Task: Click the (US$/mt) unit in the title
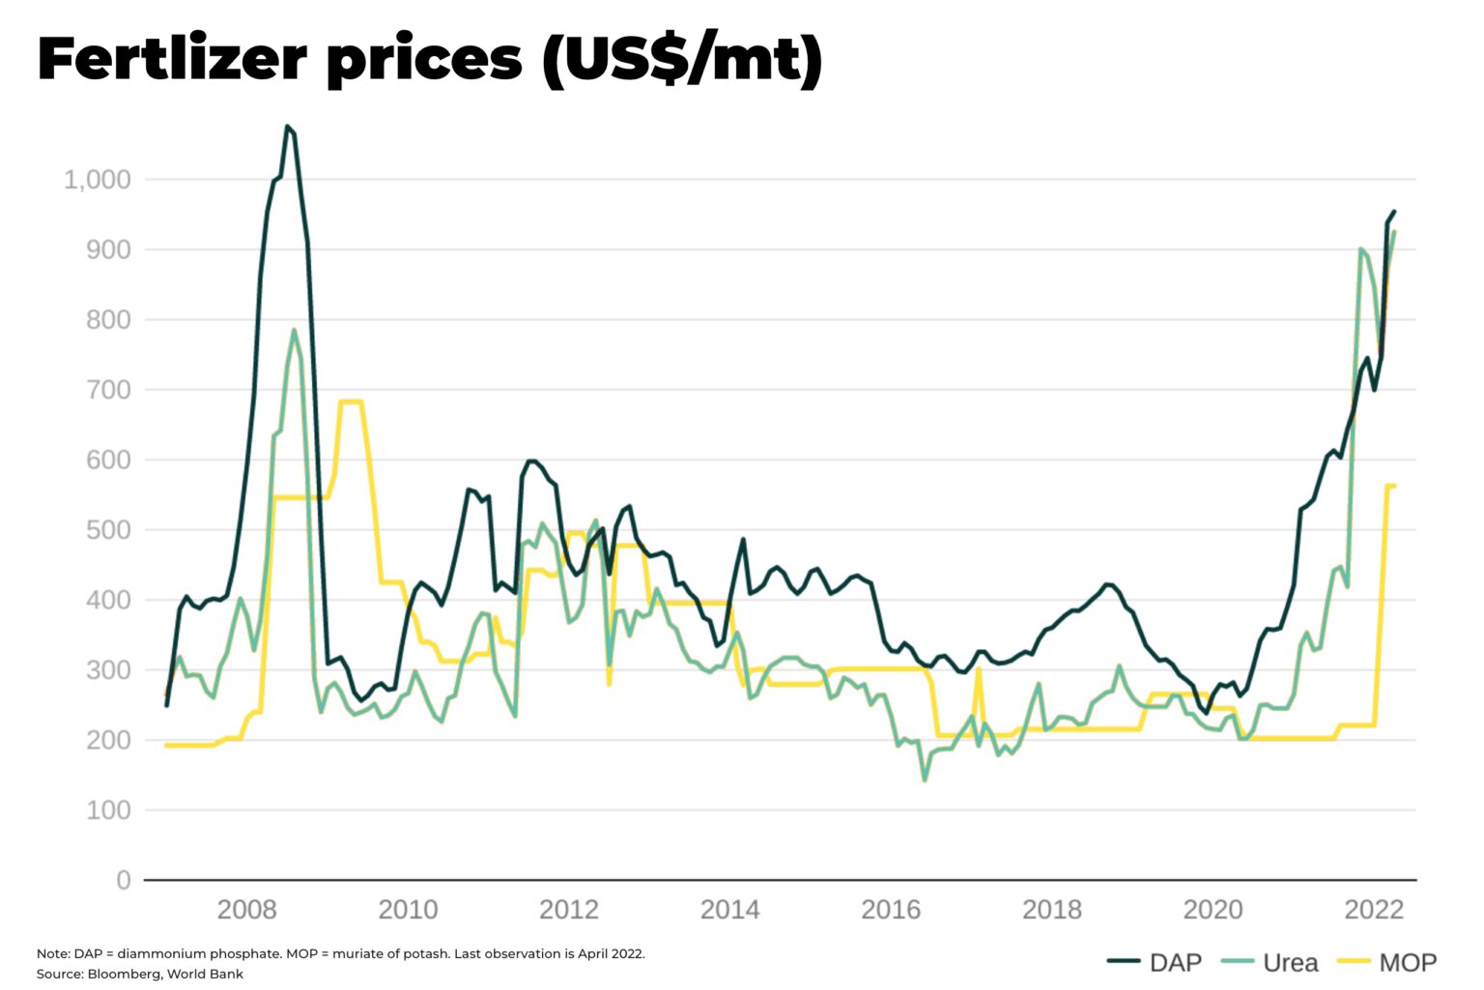[x=682, y=60]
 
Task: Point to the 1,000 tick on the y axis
[x=97, y=180]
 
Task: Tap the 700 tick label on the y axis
[x=108, y=390]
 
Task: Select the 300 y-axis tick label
[x=108, y=670]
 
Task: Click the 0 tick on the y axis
[x=123, y=881]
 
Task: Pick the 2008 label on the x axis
[x=246, y=910]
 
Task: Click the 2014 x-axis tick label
[x=729, y=910]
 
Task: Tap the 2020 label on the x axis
[x=1213, y=910]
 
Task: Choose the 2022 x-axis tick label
[x=1374, y=910]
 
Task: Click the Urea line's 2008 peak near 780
[x=295, y=330]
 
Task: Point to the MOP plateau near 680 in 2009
[x=351, y=402]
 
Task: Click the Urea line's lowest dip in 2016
[x=925, y=779]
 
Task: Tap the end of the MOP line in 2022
[x=1394, y=486]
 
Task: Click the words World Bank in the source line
[x=205, y=974]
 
